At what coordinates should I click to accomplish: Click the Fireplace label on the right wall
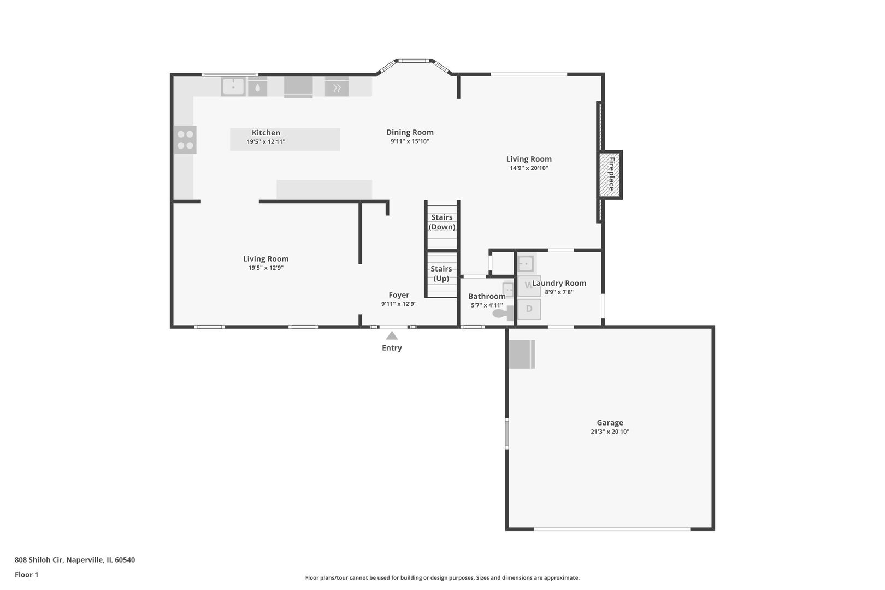pos(611,174)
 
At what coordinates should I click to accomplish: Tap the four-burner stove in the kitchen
pos(185,140)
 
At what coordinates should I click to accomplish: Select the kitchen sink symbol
pos(233,86)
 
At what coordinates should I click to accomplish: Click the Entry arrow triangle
pos(392,335)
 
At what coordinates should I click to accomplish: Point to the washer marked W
pos(528,285)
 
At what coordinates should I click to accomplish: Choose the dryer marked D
pos(529,309)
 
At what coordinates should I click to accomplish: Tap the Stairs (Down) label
pos(442,222)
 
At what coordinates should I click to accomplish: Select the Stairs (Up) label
pos(441,273)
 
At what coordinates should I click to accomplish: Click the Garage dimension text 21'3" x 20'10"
pos(610,432)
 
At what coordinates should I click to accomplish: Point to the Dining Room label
pos(410,132)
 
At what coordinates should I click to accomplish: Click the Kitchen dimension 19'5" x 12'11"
pos(265,141)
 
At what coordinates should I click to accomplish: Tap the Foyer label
pos(399,295)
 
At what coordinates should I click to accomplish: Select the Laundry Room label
pos(559,283)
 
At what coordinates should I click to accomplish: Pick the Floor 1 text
pos(26,575)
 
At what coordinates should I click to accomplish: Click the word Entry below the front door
pos(392,348)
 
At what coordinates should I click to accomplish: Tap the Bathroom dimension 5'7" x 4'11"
pos(487,305)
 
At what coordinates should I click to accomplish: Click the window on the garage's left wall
pos(507,433)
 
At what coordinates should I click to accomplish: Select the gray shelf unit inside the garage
pos(521,355)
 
